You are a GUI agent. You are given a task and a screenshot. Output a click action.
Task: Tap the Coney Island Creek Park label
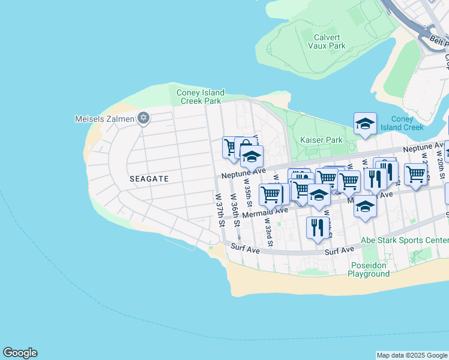200,97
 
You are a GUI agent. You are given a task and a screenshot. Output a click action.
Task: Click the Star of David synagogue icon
143,118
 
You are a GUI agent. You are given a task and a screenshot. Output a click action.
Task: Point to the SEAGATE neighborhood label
149,179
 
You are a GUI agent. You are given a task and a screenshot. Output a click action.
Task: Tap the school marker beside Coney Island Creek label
365,124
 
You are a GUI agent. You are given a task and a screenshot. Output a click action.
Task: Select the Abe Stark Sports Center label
404,240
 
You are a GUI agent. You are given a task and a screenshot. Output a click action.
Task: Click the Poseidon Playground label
369,269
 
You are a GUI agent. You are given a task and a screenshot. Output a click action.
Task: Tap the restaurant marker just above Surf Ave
318,227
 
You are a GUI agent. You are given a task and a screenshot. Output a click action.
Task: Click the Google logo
20,353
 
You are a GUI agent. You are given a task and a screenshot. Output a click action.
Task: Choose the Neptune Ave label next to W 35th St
243,172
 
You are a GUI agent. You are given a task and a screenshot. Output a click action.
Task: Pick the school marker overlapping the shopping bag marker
252,157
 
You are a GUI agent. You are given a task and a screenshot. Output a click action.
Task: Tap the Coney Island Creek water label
402,123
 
